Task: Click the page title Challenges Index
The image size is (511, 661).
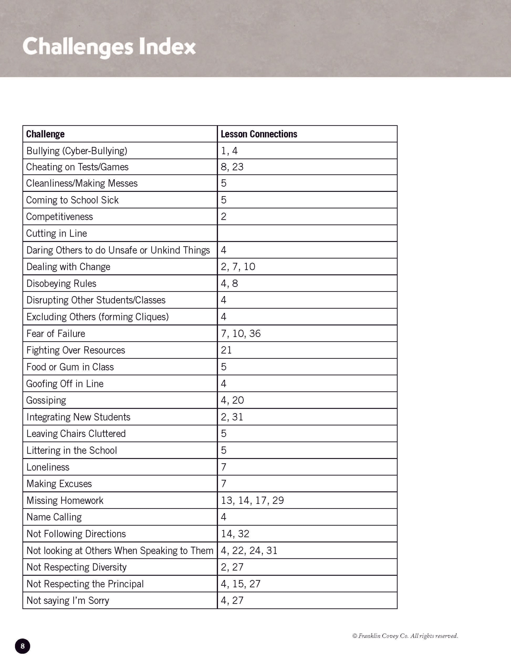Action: [109, 47]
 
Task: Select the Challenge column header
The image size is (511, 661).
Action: [45, 134]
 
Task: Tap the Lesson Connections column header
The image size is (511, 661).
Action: [259, 134]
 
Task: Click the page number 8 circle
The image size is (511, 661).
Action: [22, 646]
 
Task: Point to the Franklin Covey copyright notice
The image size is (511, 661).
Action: [405, 636]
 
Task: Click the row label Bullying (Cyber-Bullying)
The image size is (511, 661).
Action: [77, 151]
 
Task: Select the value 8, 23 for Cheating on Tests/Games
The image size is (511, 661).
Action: [232, 167]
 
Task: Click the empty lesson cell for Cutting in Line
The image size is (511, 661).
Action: [307, 233]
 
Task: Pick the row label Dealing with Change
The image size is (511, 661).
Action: [69, 267]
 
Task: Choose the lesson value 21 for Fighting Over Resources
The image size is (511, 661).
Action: [226, 350]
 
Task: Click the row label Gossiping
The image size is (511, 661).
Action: [46, 400]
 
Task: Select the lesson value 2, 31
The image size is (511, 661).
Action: [232, 417]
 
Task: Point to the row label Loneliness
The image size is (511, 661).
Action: [48, 467]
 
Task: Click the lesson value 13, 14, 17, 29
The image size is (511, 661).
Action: [252, 500]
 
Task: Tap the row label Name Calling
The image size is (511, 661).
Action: [54, 517]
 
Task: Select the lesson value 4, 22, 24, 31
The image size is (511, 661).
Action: [249, 550]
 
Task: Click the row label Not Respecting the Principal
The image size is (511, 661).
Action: [85, 584]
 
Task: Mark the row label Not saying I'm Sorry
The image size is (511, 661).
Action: [68, 600]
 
